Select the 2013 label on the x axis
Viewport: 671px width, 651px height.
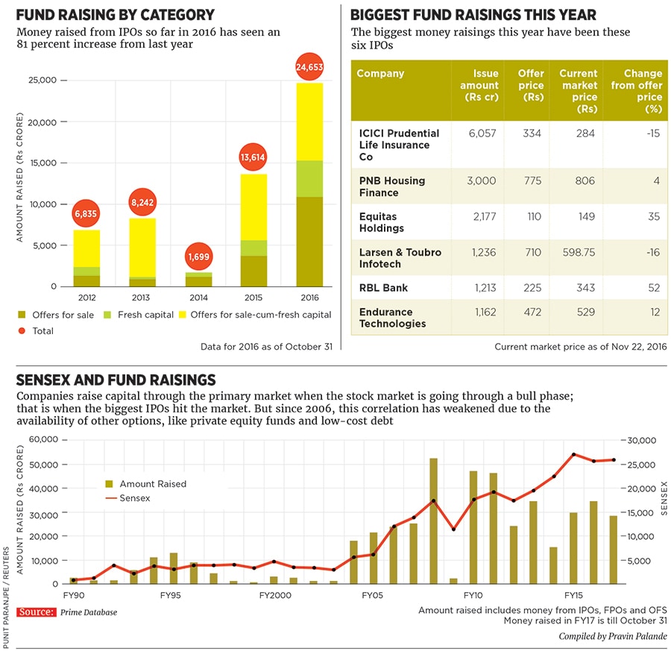tap(141, 296)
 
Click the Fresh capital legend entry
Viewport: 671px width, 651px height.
tap(142, 315)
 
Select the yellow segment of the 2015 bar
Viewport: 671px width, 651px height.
tap(253, 207)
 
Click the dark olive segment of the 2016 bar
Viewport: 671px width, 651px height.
tap(309, 242)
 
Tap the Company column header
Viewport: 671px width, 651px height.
tap(380, 74)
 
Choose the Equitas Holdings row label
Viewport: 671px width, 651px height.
tap(382, 222)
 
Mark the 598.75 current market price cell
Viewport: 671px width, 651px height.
tap(579, 252)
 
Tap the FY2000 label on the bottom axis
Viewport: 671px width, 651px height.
tap(275, 596)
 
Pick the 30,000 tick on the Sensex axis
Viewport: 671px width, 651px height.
tap(640, 441)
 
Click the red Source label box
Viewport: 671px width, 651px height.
tap(36, 611)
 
